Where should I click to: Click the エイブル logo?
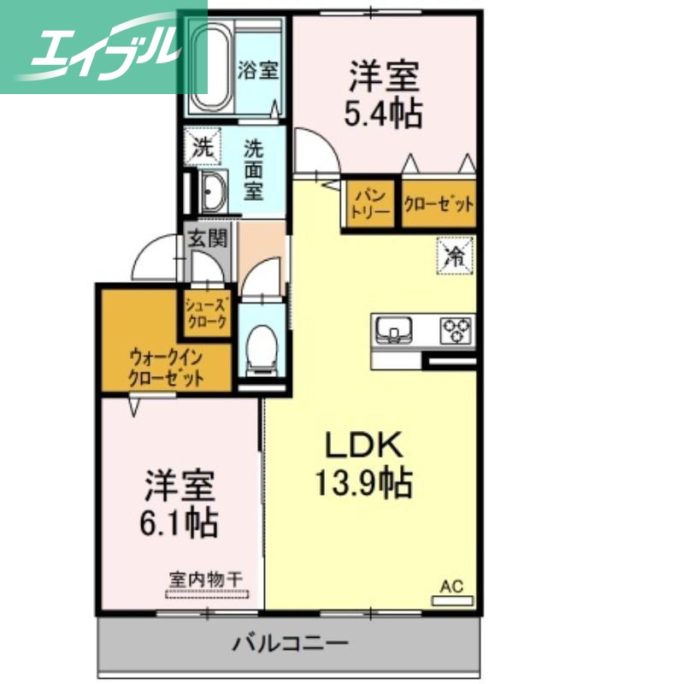103,49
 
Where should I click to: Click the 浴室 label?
257,69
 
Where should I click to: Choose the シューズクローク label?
206,314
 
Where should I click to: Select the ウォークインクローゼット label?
167,368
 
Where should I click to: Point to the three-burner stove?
456,329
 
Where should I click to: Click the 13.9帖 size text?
362,485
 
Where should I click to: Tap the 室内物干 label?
205,580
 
